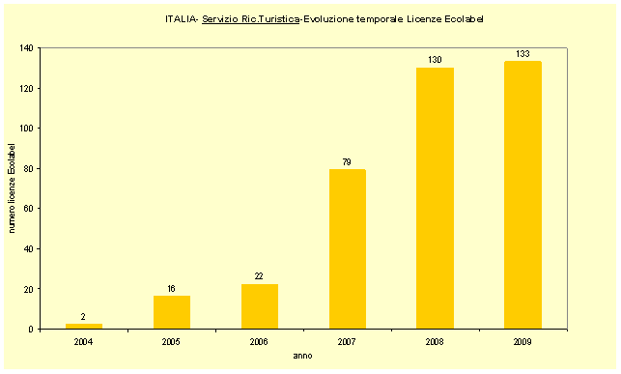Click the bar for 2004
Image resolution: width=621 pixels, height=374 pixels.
(84, 327)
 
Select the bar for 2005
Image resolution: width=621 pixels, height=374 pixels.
(172, 312)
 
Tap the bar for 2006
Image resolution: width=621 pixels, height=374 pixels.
(260, 306)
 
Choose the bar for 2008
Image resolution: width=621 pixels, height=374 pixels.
(435, 198)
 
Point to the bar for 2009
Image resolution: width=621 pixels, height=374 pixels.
(522, 195)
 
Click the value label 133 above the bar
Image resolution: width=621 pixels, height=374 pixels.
(522, 54)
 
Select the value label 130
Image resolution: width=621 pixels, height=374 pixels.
(435, 60)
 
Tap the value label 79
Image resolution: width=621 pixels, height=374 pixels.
(348, 162)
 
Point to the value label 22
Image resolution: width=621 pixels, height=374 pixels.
(260, 277)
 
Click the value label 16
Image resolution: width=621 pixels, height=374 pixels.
(172, 289)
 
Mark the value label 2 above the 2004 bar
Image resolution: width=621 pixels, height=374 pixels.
(84, 318)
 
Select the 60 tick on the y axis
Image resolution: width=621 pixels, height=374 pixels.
(28, 209)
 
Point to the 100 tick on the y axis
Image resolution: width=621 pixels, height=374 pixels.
(26, 129)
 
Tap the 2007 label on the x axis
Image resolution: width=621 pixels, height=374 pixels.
(348, 341)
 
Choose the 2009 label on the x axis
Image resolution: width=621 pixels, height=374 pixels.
(522, 341)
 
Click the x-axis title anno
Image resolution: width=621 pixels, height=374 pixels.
(303, 356)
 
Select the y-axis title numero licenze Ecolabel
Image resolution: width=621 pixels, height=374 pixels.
(13, 187)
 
